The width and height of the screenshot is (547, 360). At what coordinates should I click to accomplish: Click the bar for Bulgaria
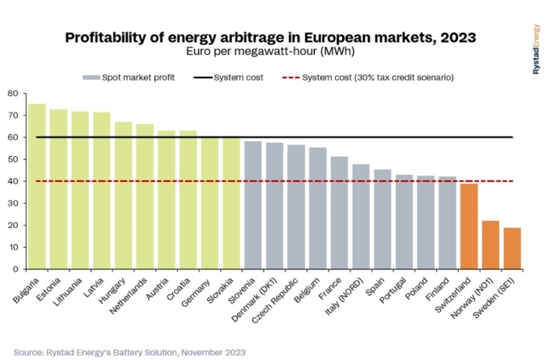(37, 186)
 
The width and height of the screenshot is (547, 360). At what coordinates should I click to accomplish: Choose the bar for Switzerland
(469, 226)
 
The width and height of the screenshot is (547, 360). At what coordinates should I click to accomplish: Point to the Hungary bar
(124, 195)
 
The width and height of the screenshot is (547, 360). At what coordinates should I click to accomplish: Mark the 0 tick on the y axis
(15, 269)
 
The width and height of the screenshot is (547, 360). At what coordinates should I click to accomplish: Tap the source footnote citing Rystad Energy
(129, 352)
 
